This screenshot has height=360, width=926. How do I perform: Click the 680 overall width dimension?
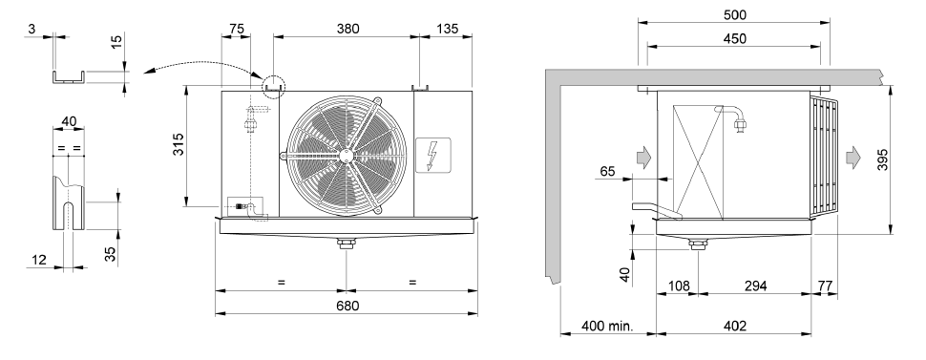(x=347, y=306)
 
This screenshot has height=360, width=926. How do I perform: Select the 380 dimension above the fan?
(x=347, y=29)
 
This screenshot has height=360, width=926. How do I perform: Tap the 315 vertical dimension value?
(x=178, y=144)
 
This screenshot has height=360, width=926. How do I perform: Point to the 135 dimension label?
(x=446, y=29)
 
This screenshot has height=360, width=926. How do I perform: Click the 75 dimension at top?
(x=236, y=29)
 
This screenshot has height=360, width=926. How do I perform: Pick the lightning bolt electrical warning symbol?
(x=432, y=155)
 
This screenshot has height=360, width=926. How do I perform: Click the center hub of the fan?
(x=347, y=156)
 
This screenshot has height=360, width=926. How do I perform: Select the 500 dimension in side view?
(x=735, y=15)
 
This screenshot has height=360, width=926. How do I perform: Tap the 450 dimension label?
(x=735, y=39)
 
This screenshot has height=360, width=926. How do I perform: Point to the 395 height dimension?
(x=882, y=159)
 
